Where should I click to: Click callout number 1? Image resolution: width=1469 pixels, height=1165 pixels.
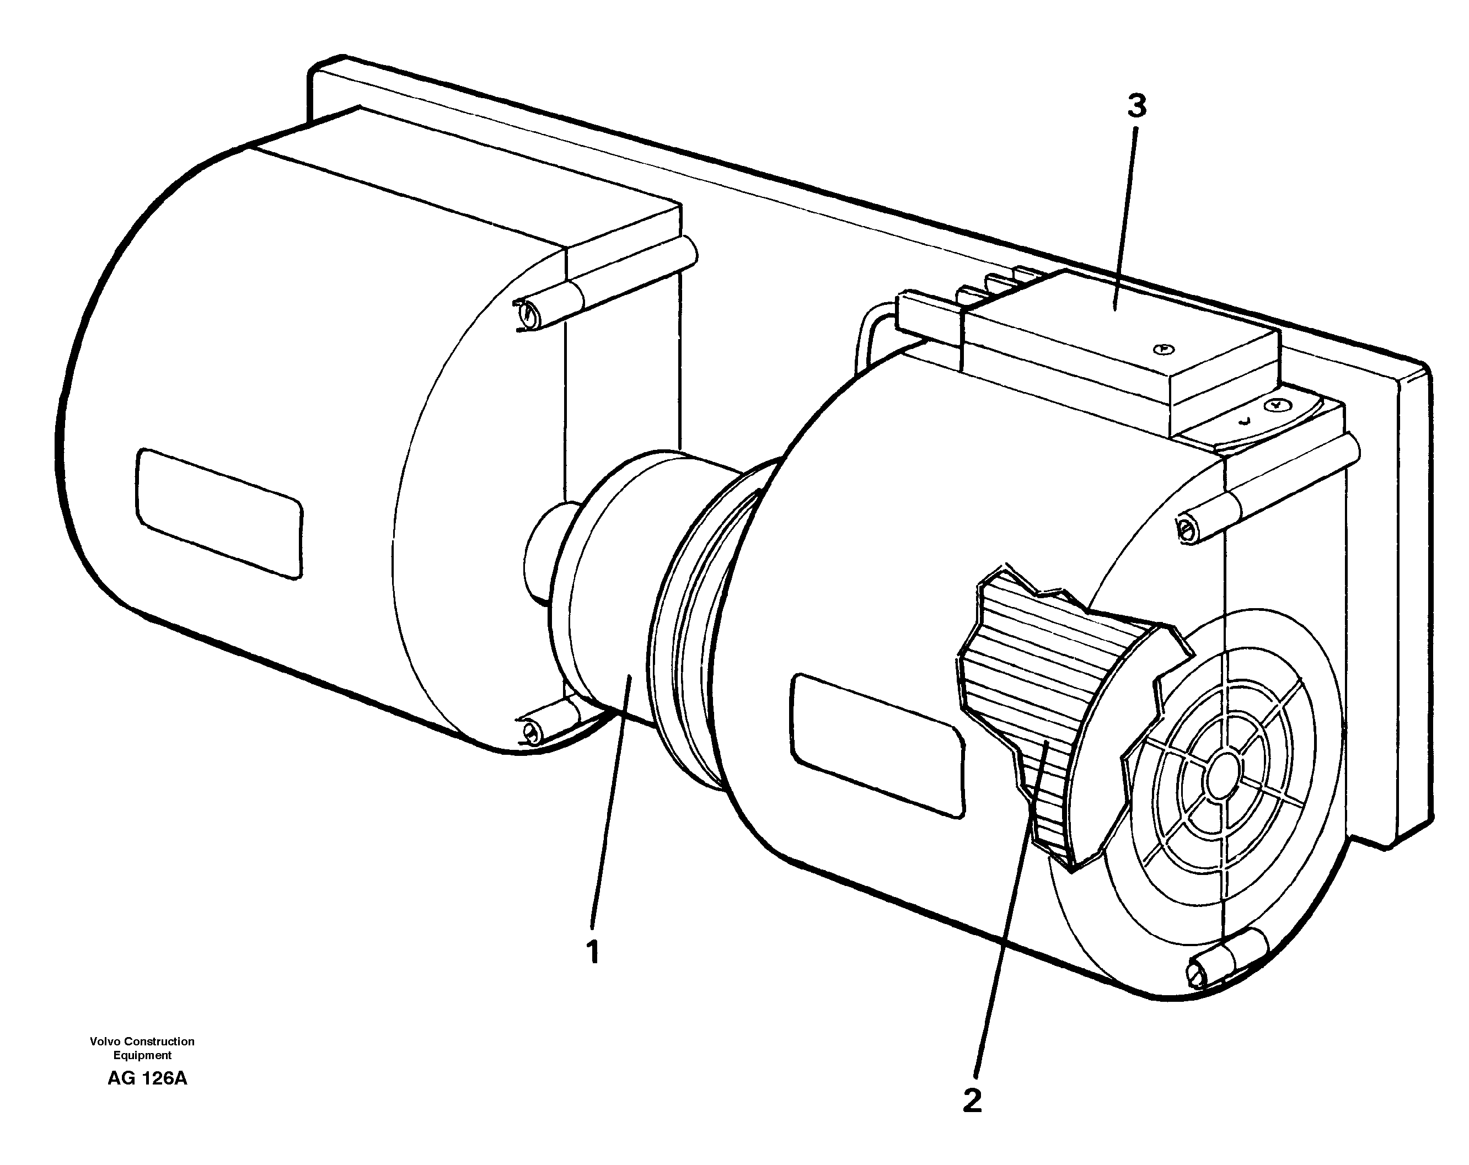(593, 952)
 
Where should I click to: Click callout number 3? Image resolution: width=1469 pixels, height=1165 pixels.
(1136, 106)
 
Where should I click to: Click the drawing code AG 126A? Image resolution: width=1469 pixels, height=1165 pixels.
(147, 1078)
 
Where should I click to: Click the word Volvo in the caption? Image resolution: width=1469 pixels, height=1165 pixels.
(104, 1041)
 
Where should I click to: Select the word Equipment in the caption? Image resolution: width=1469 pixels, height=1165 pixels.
(142, 1055)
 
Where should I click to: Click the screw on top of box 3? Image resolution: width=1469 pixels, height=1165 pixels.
(1164, 350)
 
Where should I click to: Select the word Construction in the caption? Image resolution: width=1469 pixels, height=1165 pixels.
(162, 1041)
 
